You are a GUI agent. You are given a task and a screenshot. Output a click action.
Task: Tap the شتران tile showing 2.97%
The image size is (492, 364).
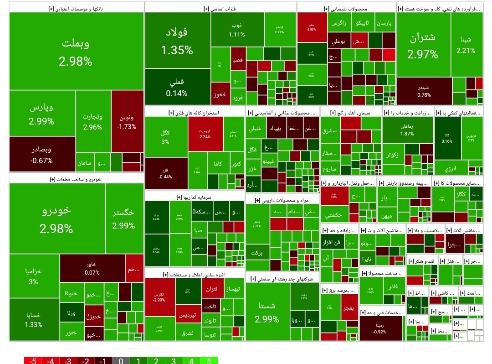click(423, 46)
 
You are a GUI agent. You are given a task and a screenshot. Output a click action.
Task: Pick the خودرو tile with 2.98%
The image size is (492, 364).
click(56, 219)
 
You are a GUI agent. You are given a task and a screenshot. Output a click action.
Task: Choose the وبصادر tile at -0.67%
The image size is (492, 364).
click(42, 155)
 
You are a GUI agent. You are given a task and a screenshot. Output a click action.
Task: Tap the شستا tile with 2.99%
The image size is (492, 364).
click(267, 312)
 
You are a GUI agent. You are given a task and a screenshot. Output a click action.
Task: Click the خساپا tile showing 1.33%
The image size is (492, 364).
click(34, 320)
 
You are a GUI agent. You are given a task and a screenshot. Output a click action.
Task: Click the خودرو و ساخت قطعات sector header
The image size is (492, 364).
click(76, 179)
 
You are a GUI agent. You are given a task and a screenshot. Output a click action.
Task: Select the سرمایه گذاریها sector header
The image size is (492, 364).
click(195, 197)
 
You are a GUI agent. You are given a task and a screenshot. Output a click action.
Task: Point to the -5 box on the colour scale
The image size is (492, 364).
click(33, 361)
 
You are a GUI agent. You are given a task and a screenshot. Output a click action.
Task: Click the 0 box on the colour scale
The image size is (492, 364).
click(121, 361)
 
